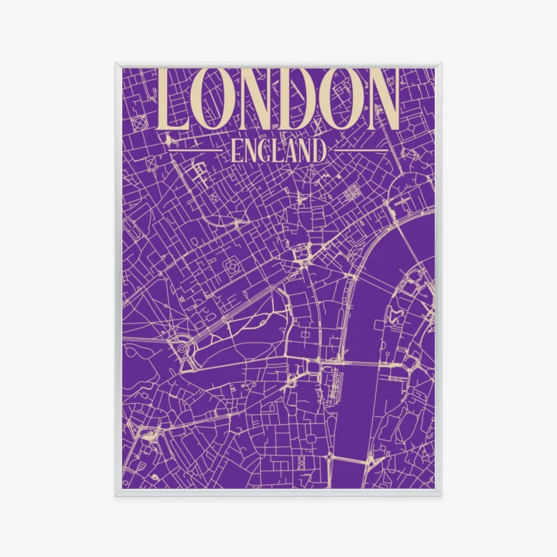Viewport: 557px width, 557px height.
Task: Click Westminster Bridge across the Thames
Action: point(361,363)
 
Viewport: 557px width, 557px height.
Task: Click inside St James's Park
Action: point(248,340)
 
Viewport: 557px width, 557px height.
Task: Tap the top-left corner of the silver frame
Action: point(117,64)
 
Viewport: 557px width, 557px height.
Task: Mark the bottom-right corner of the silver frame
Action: point(440,494)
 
